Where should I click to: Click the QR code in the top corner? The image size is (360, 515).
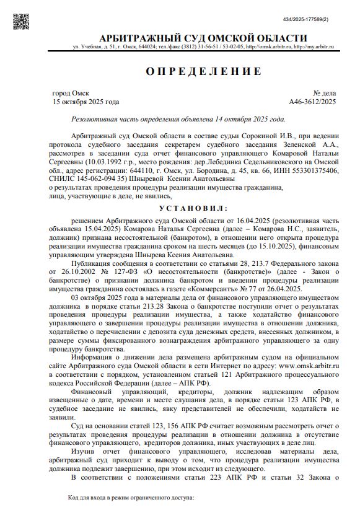point(22,20)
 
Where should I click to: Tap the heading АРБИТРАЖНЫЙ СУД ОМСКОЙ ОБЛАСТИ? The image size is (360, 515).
point(195,38)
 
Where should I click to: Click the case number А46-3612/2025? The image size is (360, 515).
point(312,102)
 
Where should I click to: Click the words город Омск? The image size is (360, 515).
point(71,93)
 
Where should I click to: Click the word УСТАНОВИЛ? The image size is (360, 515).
point(193,208)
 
